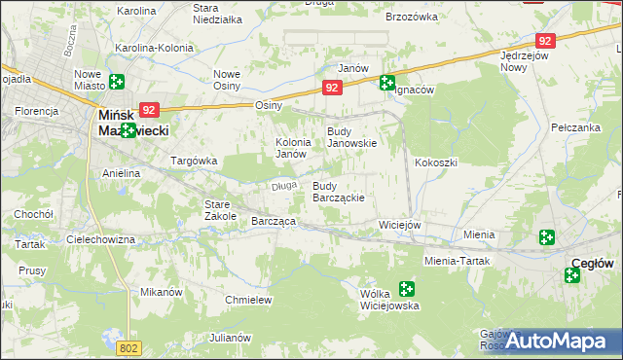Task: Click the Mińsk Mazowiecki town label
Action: point(134,122)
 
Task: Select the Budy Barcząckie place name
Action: point(338,192)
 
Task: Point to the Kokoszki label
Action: point(435,162)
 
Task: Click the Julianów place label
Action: point(230,338)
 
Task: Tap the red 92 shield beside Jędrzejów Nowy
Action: point(545,41)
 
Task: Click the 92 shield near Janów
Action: point(333,88)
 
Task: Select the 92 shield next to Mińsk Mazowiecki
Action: point(148,111)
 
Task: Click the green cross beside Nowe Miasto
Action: point(117,83)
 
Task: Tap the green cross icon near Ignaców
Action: point(387,84)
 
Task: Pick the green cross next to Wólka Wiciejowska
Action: point(406,288)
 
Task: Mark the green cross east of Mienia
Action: point(547,236)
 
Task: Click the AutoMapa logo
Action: point(558,340)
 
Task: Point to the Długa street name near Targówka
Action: point(283,186)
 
